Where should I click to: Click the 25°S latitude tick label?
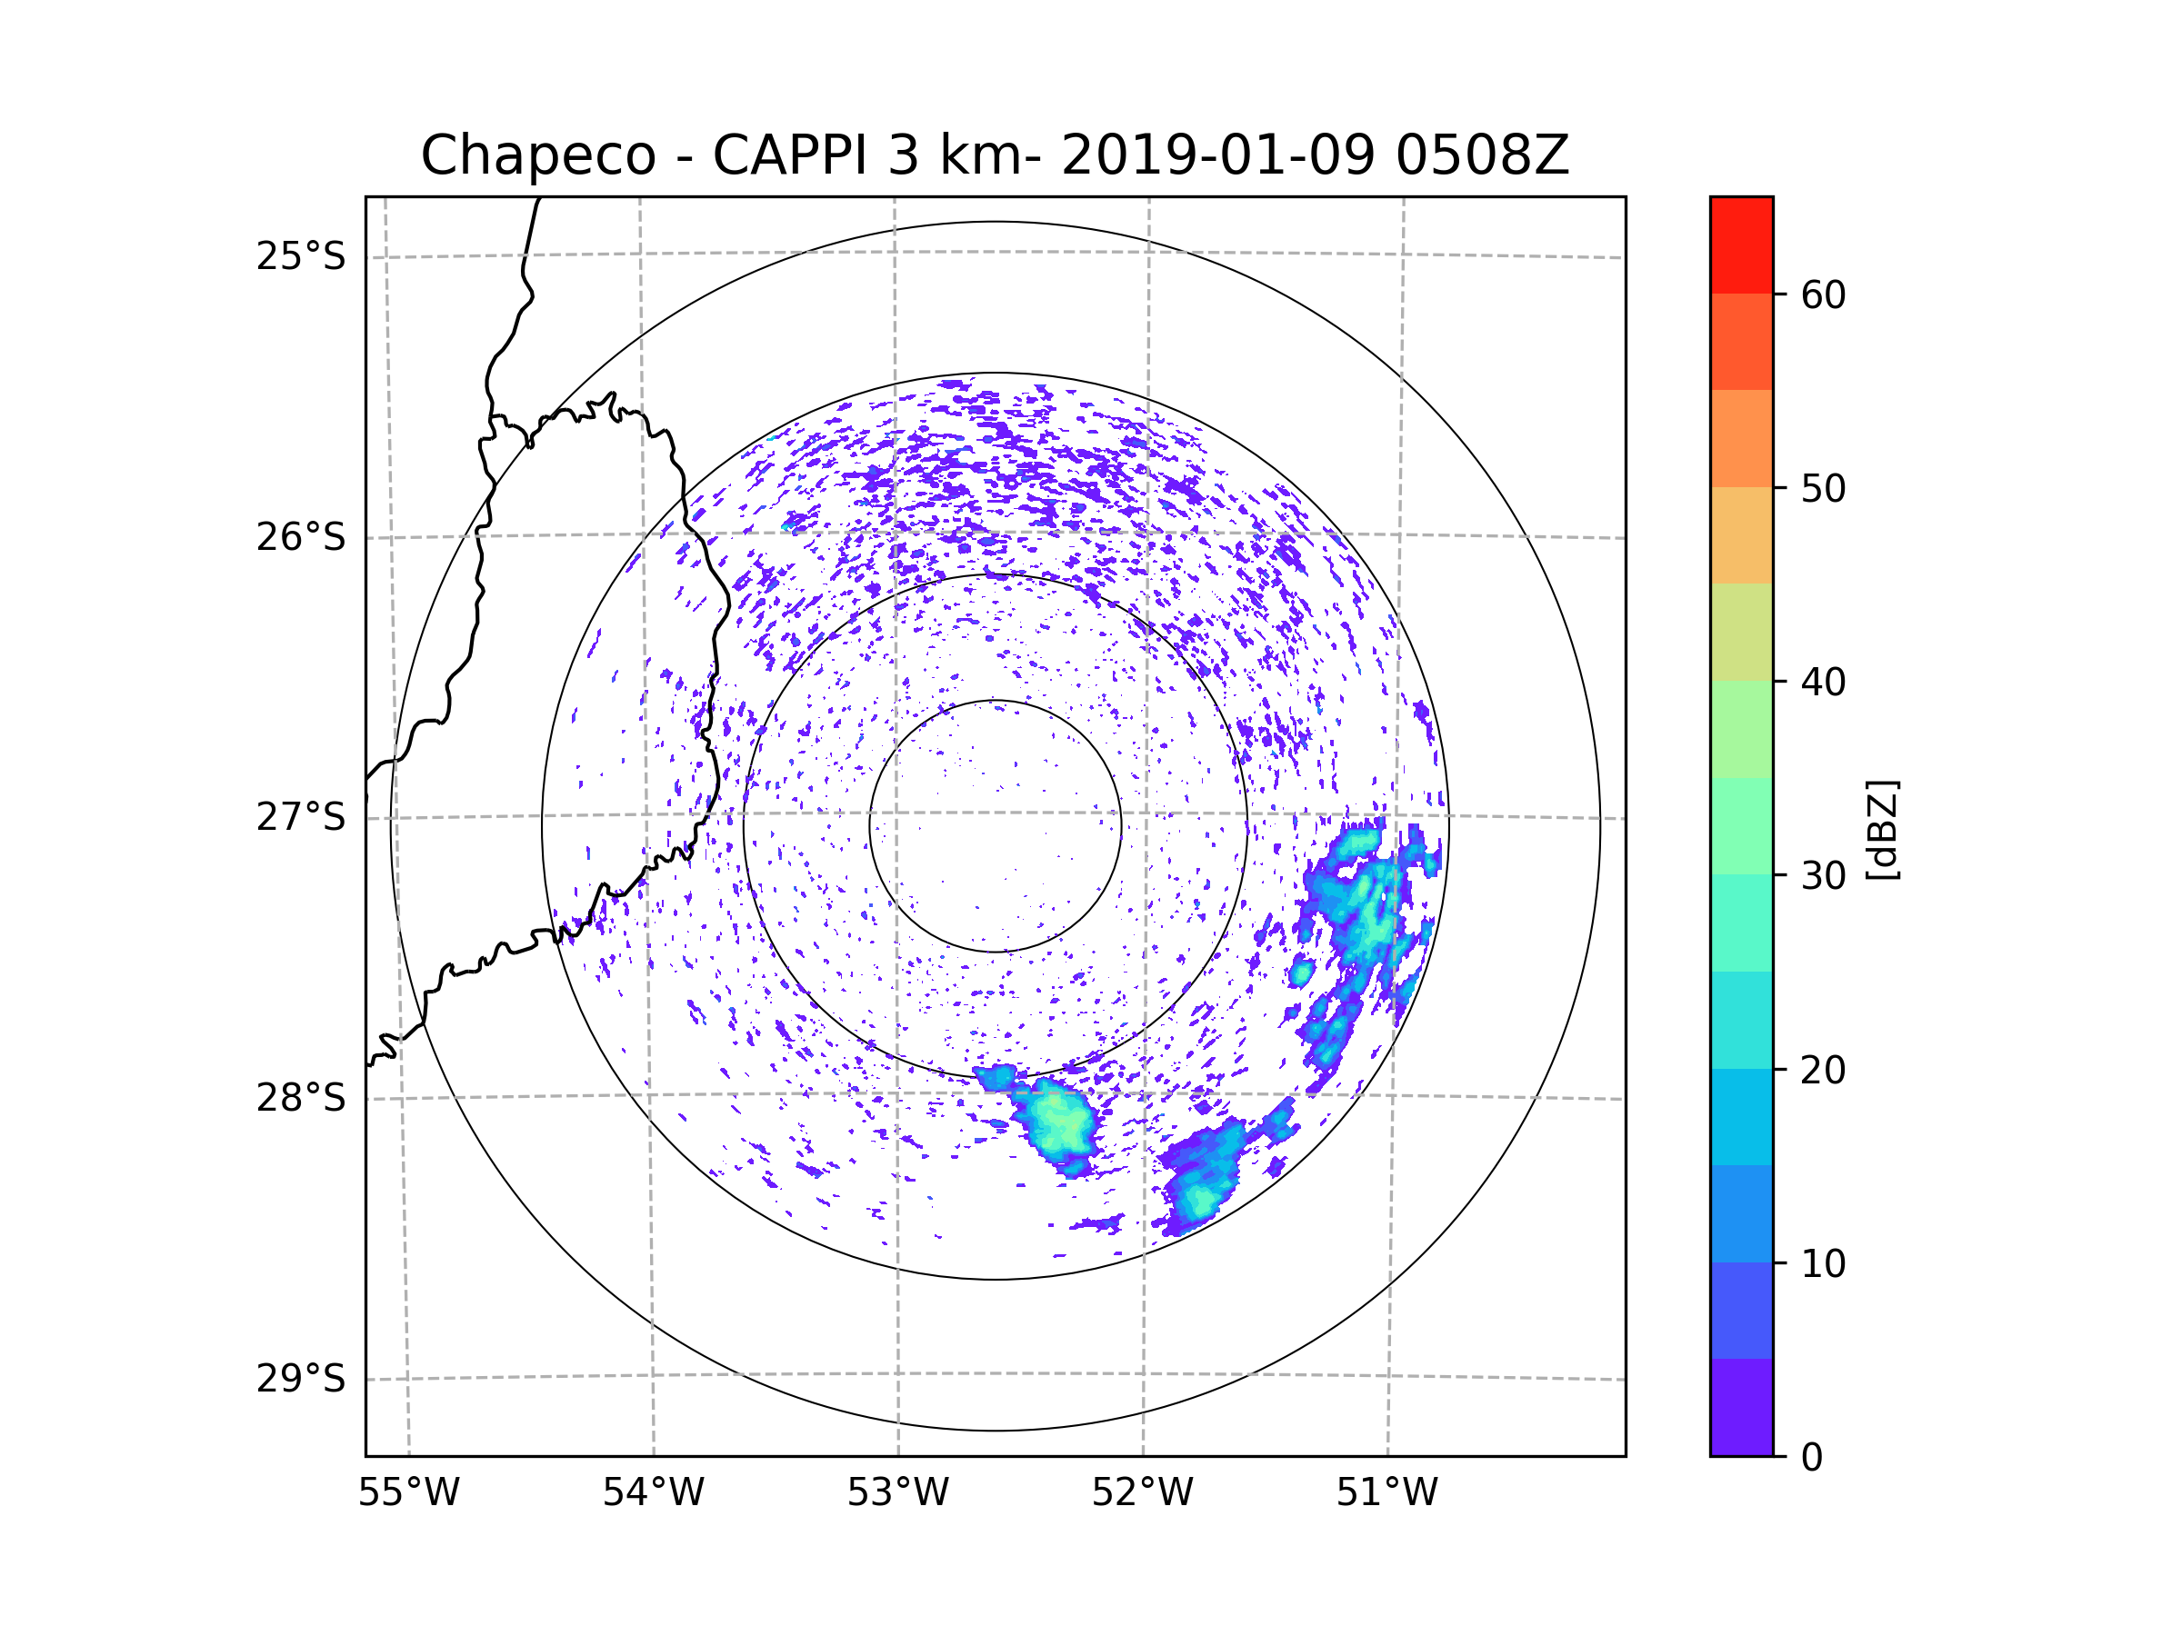coord(301,256)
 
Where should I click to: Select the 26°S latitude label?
coord(301,537)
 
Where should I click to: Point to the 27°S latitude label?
coord(301,817)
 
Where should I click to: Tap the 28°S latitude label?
coord(301,1098)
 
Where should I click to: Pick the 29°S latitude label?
coord(301,1379)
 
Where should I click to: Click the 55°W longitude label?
coord(408,1493)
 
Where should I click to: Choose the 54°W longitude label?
coord(653,1493)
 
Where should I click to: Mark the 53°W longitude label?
coord(897,1493)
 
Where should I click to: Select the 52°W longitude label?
coord(1142,1493)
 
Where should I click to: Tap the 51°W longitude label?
coord(1386,1493)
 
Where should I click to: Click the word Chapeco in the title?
coord(537,155)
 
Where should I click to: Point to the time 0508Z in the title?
coord(1481,155)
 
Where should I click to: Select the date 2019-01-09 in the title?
coord(1217,155)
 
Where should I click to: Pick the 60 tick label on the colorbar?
coord(1823,294)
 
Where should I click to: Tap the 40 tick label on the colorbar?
coord(1823,682)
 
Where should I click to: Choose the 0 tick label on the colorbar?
coord(1812,1457)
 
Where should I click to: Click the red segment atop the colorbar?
coord(1741,244)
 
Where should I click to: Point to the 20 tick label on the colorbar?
coord(1823,1070)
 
